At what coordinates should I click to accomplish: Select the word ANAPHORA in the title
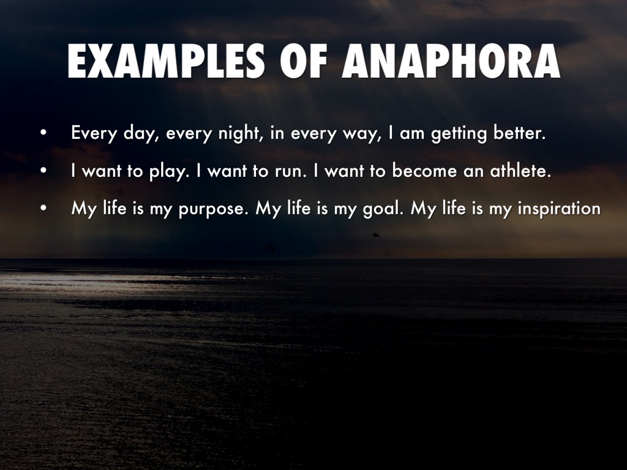click(x=451, y=61)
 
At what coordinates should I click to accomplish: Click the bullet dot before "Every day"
click(x=43, y=133)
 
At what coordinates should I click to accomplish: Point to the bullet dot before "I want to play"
click(x=43, y=171)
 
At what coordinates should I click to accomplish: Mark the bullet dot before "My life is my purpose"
click(x=43, y=208)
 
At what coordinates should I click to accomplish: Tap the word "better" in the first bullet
click(x=519, y=132)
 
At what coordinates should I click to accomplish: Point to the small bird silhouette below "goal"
click(x=374, y=235)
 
